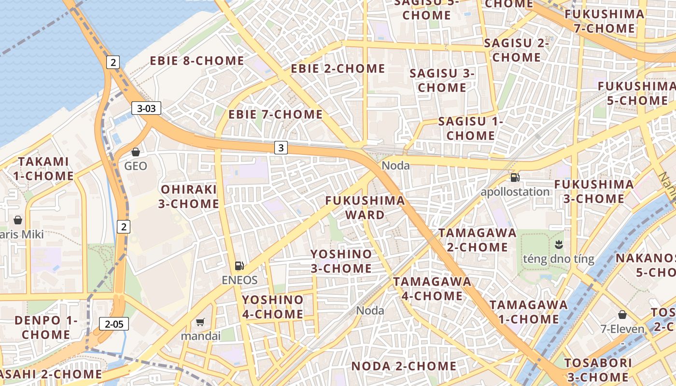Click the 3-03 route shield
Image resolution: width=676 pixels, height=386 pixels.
click(x=146, y=109)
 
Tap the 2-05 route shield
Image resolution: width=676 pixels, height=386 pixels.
click(x=114, y=324)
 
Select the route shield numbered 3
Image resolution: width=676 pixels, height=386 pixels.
click(x=281, y=148)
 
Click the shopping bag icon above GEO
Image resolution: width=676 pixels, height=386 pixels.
click(x=136, y=152)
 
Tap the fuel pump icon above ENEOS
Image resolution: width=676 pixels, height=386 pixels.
click(x=239, y=265)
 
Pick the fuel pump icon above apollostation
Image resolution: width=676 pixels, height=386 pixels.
click(x=515, y=177)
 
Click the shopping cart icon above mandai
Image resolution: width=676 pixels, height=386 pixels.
click(x=200, y=321)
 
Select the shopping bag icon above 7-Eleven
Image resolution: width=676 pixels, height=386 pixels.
click(x=622, y=315)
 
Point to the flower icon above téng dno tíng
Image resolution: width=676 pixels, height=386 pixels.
click(x=559, y=244)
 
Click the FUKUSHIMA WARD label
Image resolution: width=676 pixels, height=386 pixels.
click(x=365, y=207)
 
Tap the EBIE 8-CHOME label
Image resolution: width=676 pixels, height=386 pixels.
click(x=197, y=61)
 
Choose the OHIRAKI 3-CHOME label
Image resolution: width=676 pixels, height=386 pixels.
click(x=189, y=196)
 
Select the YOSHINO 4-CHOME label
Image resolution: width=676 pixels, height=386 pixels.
click(x=273, y=307)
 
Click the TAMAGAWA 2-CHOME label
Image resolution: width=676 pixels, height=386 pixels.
click(x=477, y=240)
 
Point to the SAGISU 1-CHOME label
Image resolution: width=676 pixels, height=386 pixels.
click(x=470, y=128)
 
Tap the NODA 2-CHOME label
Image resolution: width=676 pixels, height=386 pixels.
click(x=404, y=366)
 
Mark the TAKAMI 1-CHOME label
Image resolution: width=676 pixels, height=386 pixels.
click(x=43, y=168)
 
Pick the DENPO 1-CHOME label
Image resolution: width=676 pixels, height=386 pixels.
click(x=46, y=327)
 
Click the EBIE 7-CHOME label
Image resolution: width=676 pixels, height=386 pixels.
click(x=275, y=114)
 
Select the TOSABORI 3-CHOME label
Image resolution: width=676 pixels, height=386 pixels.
click(x=598, y=370)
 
